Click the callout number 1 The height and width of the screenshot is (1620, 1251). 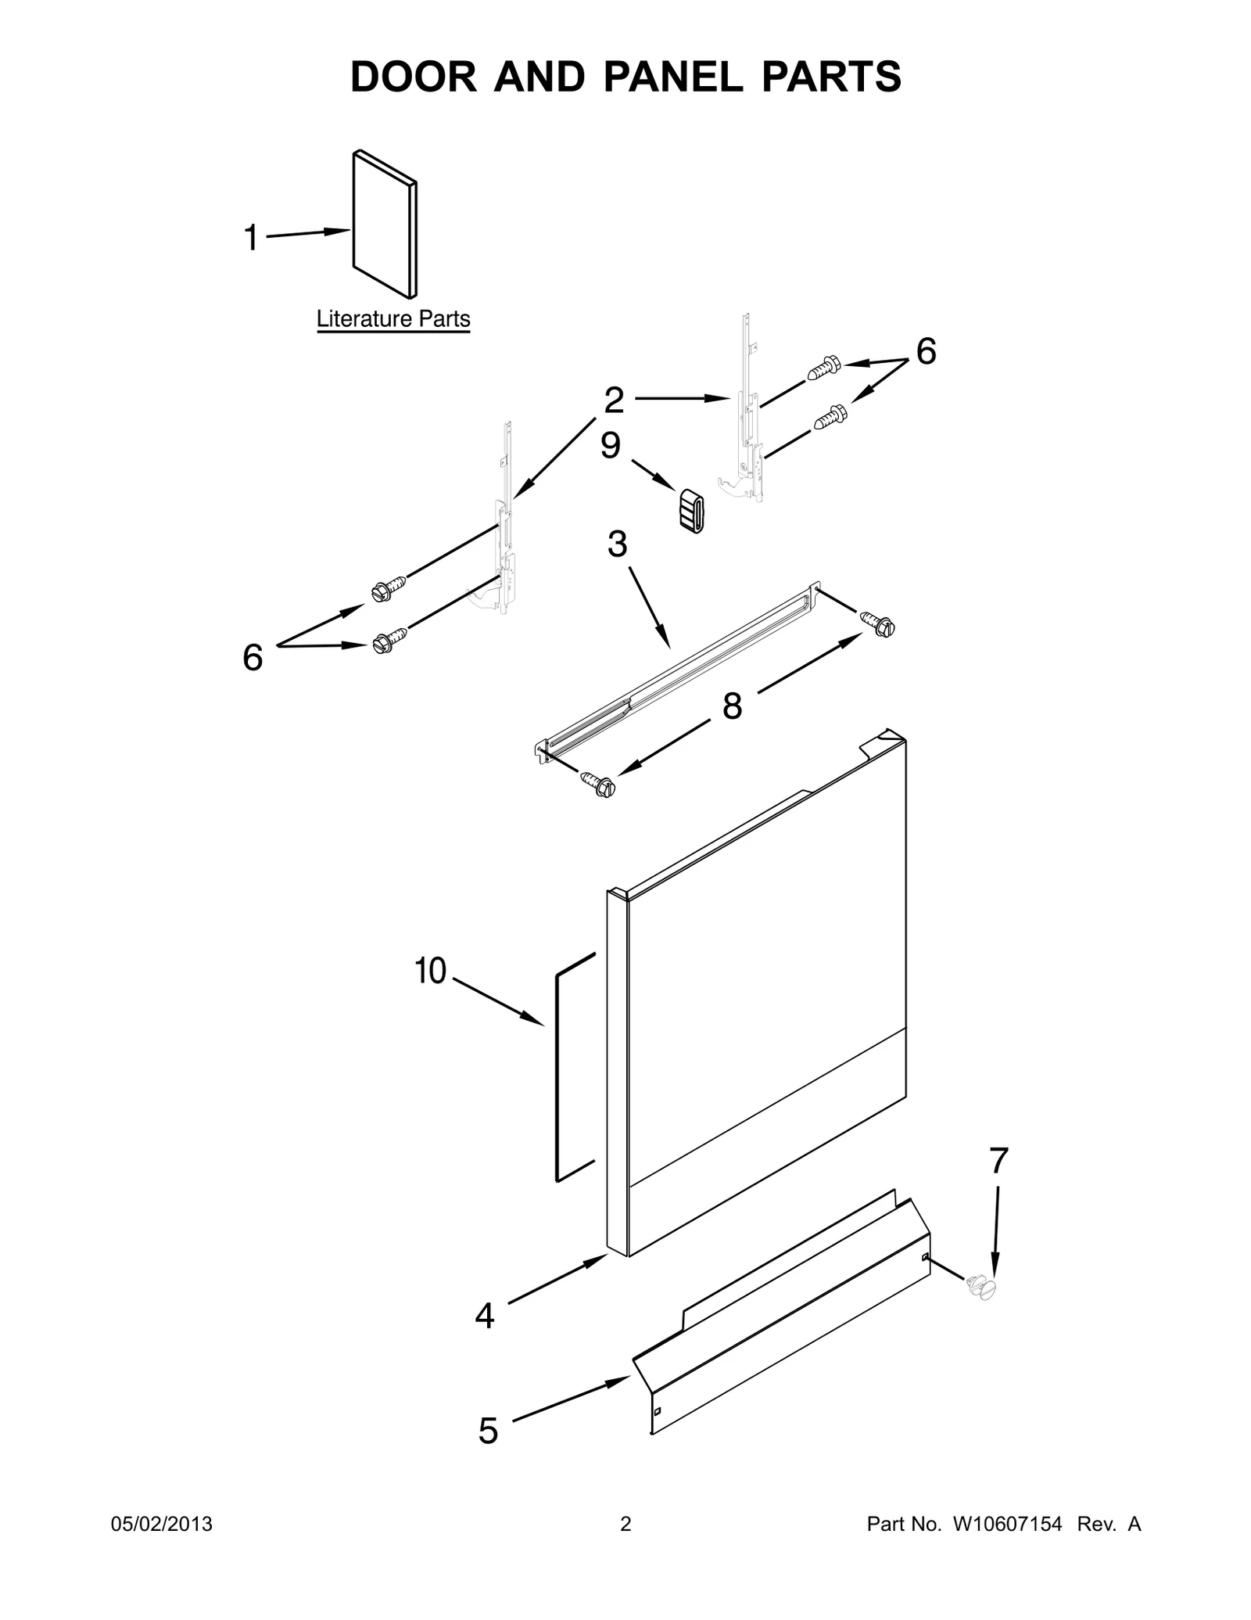click(251, 238)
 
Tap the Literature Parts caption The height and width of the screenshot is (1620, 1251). click(393, 319)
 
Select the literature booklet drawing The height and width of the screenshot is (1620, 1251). click(385, 224)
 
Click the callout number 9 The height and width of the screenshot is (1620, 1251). click(611, 446)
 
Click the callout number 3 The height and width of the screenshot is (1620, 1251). click(617, 544)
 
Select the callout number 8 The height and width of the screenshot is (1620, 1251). click(732, 706)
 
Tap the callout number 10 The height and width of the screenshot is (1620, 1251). click(430, 971)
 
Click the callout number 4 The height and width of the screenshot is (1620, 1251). click(485, 1316)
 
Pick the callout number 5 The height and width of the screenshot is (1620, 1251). click(488, 1431)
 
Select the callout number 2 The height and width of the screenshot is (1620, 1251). click(614, 401)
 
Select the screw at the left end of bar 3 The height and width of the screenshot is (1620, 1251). click(598, 783)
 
